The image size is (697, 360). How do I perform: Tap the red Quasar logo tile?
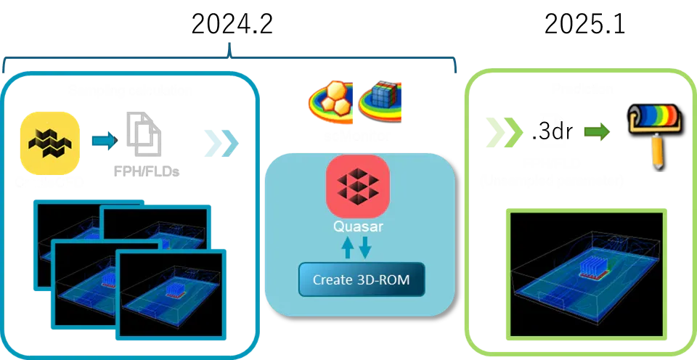358,186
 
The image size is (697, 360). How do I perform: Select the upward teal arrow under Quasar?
348,247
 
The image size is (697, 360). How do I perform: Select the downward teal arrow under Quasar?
365,247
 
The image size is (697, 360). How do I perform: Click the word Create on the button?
333,279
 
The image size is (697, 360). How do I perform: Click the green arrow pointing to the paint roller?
596,131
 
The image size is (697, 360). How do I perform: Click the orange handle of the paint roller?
658,153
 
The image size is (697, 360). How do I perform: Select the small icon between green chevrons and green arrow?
553,131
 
